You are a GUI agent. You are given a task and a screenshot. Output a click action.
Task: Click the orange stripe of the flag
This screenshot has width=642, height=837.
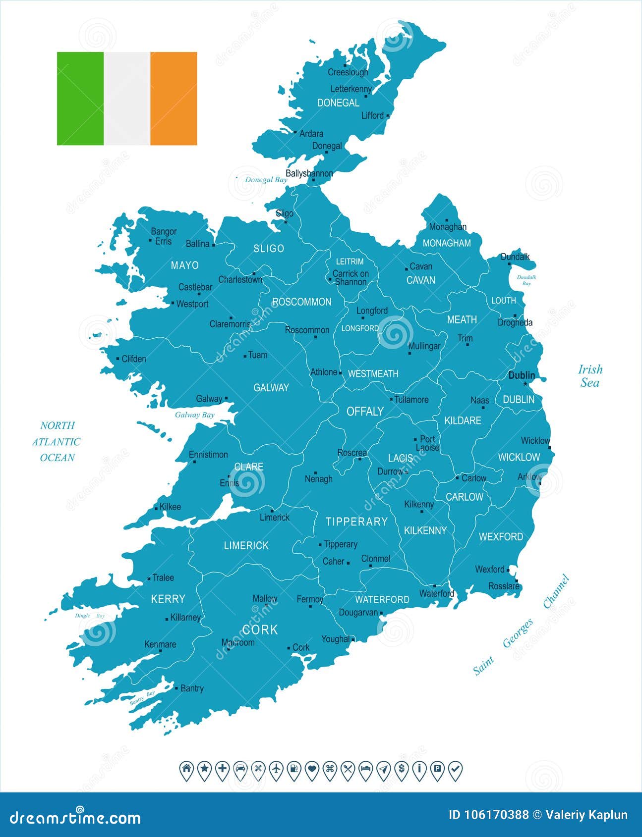pos(174,99)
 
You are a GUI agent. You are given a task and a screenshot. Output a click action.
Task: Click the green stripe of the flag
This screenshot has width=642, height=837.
pos(80,99)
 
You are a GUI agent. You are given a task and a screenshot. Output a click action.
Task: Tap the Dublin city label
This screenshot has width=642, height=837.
pos(522,375)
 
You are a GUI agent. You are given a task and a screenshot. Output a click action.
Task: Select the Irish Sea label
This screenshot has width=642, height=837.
pos(590,375)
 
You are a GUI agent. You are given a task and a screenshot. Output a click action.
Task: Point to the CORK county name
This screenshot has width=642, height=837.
pos(260,629)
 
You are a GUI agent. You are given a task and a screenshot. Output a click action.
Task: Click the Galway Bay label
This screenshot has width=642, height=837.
pos(195,415)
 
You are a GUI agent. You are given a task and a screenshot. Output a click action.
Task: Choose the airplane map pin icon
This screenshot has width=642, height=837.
pos(276,769)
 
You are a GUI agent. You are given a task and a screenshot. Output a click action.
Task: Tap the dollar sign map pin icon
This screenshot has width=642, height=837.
pos(402,769)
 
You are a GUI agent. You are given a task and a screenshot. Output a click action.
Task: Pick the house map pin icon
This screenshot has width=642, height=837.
pos(186,769)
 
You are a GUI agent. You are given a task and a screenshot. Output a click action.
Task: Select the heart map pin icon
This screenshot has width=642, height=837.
pos(312,769)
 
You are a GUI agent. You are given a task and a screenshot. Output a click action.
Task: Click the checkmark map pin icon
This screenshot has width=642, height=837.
pos(455,769)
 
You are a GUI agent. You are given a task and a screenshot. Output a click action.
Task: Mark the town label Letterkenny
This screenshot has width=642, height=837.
pos(351,89)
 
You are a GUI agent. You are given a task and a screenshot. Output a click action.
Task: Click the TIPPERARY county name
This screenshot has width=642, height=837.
pos(356,522)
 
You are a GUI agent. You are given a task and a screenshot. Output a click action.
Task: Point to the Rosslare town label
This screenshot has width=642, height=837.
pos(504,586)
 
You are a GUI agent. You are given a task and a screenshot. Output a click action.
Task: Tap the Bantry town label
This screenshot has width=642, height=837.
pos(192,688)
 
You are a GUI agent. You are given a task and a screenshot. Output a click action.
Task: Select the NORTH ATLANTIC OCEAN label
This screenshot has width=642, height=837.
pos(57,441)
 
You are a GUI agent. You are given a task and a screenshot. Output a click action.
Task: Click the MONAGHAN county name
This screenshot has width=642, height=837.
pos(447,243)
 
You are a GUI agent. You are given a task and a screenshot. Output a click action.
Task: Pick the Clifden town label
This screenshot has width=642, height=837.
pos(134,359)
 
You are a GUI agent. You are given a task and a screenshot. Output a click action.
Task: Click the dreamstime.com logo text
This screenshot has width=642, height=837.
pos(75,817)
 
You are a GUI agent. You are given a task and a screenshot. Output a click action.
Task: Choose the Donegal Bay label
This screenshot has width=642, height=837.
pos(266,180)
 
